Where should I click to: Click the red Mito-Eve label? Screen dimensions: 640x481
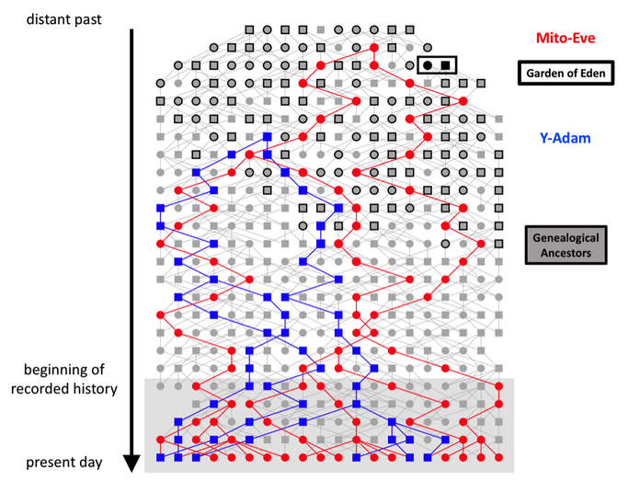click(566, 38)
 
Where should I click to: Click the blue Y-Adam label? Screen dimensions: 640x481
click(565, 138)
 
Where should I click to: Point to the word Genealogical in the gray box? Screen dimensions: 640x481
click(566, 237)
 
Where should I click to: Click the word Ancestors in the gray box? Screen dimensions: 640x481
click(566, 253)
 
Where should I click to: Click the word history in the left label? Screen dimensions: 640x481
click(94, 389)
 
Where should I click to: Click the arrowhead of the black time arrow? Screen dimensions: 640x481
click(131, 464)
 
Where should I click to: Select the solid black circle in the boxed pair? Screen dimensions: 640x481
click(428, 65)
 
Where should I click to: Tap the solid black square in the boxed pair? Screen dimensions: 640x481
click(445, 65)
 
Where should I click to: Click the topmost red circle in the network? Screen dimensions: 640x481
click(374, 48)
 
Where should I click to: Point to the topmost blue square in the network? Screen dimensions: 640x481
click(268, 136)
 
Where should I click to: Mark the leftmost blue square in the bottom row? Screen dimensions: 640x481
click(160, 457)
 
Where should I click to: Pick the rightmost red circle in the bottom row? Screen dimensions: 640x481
click(498, 457)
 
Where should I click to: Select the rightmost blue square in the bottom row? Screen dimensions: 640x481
click(428, 457)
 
